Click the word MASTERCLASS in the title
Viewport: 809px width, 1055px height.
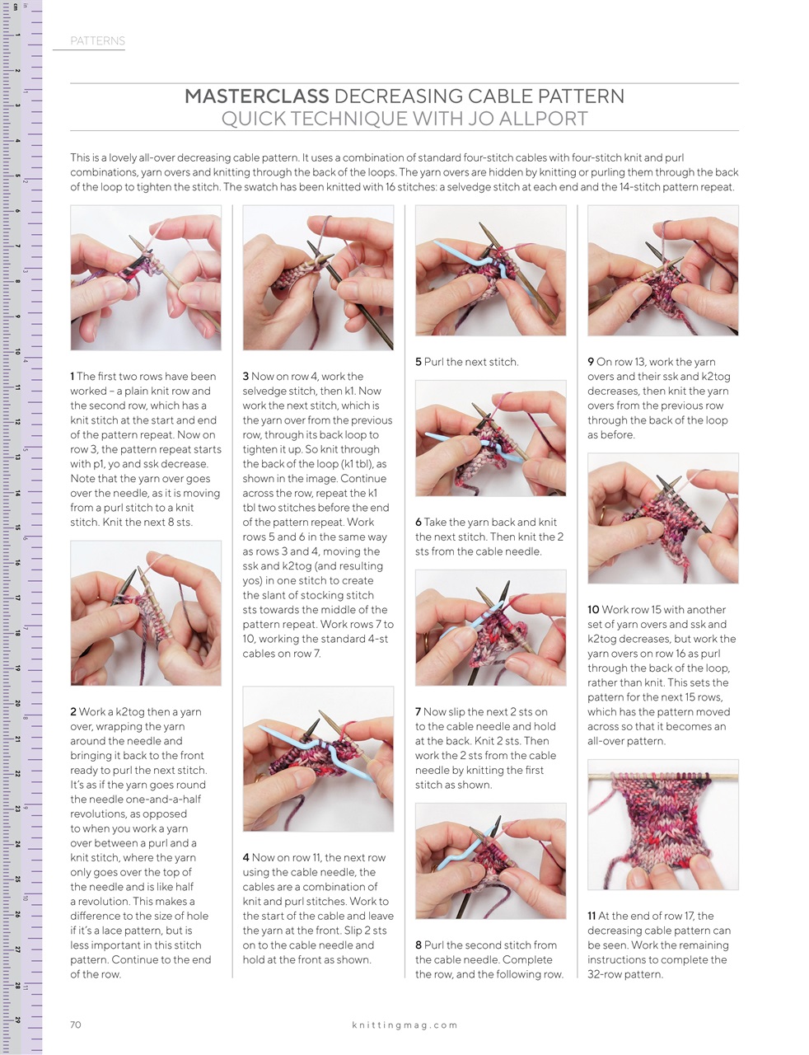[255, 96]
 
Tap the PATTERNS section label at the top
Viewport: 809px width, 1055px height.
[97, 40]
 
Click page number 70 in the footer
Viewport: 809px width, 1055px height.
[76, 1025]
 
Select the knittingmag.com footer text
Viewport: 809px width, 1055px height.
[404, 1025]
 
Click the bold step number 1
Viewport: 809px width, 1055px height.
[72, 376]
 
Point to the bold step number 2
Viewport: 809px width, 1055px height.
[73, 711]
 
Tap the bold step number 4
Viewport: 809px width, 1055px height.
[246, 857]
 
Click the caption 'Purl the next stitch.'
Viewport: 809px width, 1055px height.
[471, 362]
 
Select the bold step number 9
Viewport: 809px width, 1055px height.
[591, 362]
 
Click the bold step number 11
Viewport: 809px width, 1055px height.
[592, 916]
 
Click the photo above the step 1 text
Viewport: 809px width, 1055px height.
[146, 278]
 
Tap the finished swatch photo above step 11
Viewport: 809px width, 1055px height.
[662, 824]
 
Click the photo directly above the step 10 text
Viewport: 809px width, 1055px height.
[662, 518]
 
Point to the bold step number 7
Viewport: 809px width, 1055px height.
[418, 711]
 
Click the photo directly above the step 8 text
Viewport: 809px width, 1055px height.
[490, 860]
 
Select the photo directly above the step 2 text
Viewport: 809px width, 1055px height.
[146, 612]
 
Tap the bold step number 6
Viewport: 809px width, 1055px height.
[418, 522]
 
